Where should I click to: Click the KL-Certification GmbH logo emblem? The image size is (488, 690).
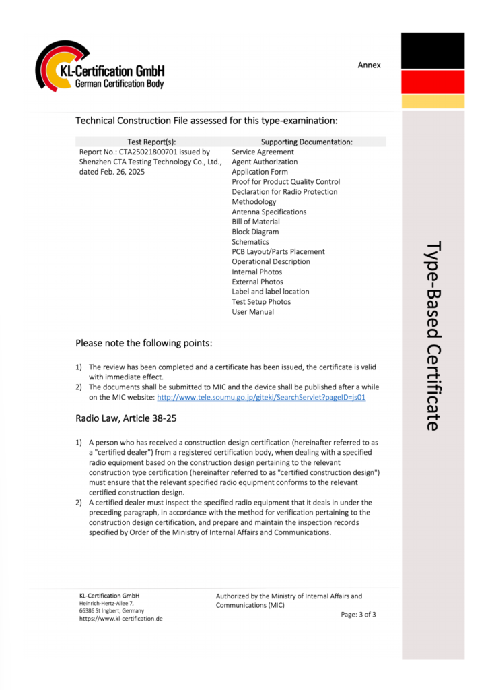[x=59, y=67]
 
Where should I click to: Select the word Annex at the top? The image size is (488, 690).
[x=369, y=65]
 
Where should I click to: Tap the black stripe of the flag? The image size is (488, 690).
[x=433, y=51]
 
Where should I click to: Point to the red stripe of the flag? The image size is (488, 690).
[x=433, y=82]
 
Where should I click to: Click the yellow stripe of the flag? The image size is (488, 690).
[x=433, y=102]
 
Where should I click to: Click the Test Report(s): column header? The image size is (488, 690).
[x=151, y=142]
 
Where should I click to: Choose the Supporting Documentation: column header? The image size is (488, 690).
[x=306, y=142]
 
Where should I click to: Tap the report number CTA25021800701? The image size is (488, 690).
[x=154, y=152]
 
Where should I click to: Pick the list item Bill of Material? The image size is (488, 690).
[x=256, y=222]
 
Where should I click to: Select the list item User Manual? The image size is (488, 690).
[x=253, y=312]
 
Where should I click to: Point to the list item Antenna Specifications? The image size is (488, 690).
[x=269, y=212]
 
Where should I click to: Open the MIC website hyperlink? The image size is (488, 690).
[x=261, y=398]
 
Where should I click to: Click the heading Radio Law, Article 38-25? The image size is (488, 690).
[x=126, y=418]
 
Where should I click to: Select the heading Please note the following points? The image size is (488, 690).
[x=144, y=344]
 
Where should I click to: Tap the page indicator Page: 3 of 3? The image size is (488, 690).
[x=358, y=615]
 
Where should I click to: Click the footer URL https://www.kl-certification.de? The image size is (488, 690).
[x=121, y=619]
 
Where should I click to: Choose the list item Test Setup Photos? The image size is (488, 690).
[x=261, y=302]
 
